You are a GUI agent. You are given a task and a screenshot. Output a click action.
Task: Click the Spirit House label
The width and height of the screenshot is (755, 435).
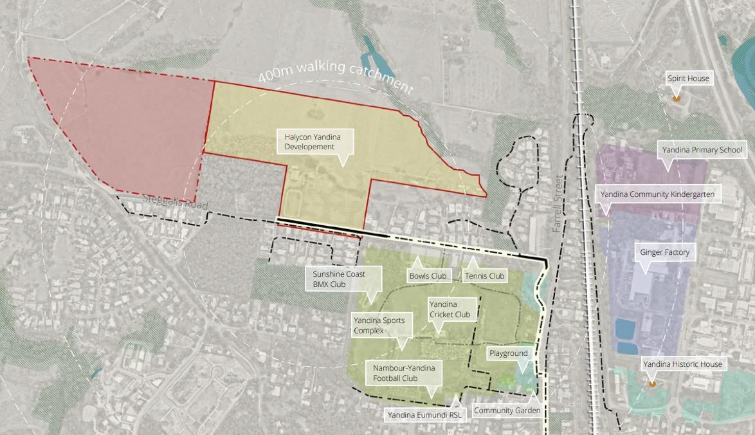[x=688, y=79]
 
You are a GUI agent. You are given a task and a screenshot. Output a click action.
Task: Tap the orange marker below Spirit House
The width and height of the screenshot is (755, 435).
[x=676, y=98]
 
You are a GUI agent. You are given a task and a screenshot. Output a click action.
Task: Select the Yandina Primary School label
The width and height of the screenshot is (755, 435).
[x=702, y=151]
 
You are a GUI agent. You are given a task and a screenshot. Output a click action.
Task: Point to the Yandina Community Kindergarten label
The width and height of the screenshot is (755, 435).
[x=657, y=194]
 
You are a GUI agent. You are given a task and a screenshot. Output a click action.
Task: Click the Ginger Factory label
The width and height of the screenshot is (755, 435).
[x=664, y=252]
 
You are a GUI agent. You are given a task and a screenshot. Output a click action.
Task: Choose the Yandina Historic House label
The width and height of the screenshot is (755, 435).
[x=682, y=364]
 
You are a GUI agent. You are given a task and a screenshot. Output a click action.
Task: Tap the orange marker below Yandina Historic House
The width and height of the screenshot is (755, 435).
[x=652, y=384]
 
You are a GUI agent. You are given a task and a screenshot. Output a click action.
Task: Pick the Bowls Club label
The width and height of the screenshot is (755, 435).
[x=428, y=276]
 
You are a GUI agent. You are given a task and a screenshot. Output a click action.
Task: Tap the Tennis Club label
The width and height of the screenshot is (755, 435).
[x=484, y=276]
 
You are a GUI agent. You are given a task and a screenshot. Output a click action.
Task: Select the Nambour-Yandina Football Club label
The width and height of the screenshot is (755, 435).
[x=404, y=373]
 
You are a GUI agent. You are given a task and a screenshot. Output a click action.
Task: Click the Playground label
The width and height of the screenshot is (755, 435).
[x=508, y=353]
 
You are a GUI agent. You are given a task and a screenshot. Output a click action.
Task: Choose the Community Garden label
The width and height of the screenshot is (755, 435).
[x=507, y=410]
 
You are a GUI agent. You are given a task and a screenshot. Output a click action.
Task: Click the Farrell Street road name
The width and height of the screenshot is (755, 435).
[x=558, y=203]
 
